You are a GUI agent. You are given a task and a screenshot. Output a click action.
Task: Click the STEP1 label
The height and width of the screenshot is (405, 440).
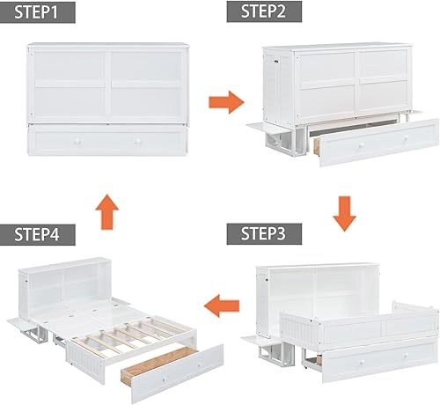point(36,12)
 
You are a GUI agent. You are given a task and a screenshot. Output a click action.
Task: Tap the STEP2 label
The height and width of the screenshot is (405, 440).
point(264,11)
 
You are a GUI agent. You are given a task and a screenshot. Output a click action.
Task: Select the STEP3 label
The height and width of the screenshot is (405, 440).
point(264,234)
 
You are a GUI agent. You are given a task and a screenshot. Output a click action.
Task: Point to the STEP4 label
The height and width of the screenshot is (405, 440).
point(37,235)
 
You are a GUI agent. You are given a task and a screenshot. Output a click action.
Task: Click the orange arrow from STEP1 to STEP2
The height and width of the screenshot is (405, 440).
point(226,102)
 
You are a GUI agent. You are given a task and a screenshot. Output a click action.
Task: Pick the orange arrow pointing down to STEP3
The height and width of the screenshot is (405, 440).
point(344,214)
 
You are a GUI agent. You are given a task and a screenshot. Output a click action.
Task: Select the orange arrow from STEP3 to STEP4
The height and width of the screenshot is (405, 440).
point(222,306)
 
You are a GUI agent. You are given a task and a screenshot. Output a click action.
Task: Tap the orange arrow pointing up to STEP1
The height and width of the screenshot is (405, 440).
point(107,211)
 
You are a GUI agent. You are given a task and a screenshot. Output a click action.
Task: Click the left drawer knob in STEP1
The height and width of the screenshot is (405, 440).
point(77,142)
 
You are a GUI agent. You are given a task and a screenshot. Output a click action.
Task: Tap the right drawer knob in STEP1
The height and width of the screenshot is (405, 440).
point(137,142)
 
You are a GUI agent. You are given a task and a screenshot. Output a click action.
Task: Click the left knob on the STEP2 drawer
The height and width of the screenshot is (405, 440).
point(362,145)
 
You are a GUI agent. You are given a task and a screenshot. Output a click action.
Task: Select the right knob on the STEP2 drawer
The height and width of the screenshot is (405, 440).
point(406,137)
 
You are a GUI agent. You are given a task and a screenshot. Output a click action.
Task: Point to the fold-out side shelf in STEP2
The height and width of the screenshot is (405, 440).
point(267,128)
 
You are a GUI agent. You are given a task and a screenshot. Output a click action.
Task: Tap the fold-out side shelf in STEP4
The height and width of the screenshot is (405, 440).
point(24,324)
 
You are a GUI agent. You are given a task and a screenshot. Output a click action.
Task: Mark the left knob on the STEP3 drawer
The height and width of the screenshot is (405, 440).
point(362,363)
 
